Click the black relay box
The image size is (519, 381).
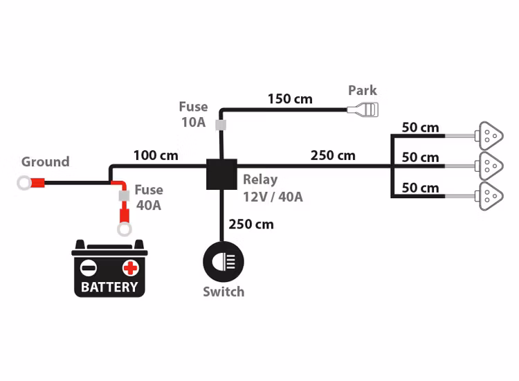(x=221, y=174)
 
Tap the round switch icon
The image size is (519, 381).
(x=223, y=262)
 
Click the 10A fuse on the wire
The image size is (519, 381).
(x=221, y=125)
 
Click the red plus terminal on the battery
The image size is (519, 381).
(x=130, y=267)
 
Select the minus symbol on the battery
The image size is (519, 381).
(x=89, y=267)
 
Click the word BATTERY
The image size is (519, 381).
(x=109, y=286)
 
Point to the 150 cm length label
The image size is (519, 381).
(x=290, y=99)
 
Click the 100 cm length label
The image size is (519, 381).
(x=156, y=155)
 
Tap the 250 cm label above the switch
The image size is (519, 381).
(x=251, y=224)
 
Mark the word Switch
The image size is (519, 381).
(x=224, y=292)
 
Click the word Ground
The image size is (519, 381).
(x=45, y=162)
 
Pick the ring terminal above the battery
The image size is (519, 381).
(x=125, y=228)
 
